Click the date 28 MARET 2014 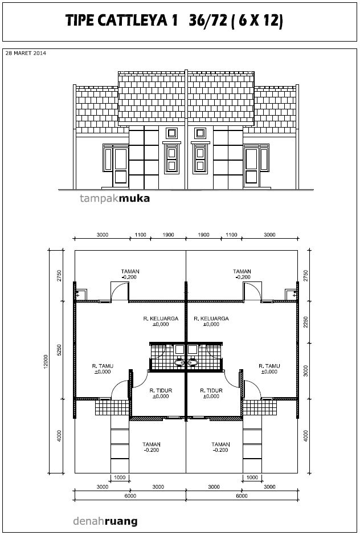(26, 53)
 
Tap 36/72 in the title (208, 21)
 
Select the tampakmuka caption (114, 198)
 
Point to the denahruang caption (105, 521)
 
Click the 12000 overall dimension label (46, 362)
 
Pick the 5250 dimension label (59, 350)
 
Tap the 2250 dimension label (306, 322)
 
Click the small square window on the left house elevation (171, 133)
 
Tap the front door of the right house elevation (251, 166)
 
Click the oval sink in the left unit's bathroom (180, 362)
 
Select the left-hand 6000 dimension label (130, 496)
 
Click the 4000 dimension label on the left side (59, 436)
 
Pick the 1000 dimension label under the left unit (120, 477)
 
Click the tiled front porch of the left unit (112, 407)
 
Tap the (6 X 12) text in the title (258, 21)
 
